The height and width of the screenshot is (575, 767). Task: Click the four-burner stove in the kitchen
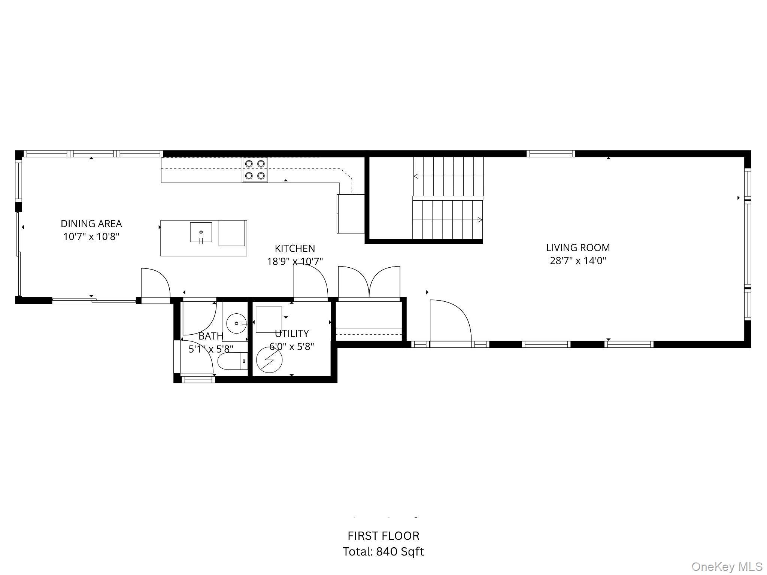tap(255, 170)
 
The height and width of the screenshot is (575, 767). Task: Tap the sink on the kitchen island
tap(201, 232)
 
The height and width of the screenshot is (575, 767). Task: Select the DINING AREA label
tap(91, 223)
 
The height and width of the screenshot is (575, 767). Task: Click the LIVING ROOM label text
tap(578, 247)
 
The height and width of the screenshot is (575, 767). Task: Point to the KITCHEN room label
tap(295, 248)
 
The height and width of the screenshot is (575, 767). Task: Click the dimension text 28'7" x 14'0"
tap(578, 261)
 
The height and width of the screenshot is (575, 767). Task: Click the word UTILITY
tap(292, 333)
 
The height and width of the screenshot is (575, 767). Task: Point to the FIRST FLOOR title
tap(383, 536)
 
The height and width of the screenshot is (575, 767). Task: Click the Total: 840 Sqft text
tap(383, 551)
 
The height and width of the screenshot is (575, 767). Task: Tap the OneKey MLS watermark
tap(727, 567)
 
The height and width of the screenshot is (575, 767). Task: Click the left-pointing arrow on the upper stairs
tap(416, 176)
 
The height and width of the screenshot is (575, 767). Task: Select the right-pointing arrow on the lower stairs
tap(479, 220)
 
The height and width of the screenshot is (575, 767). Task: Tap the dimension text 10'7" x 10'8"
tap(91, 237)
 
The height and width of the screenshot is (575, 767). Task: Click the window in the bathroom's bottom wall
tap(198, 380)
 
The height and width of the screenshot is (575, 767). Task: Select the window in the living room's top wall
tap(551, 153)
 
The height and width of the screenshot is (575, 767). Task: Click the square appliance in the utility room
tap(269, 319)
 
